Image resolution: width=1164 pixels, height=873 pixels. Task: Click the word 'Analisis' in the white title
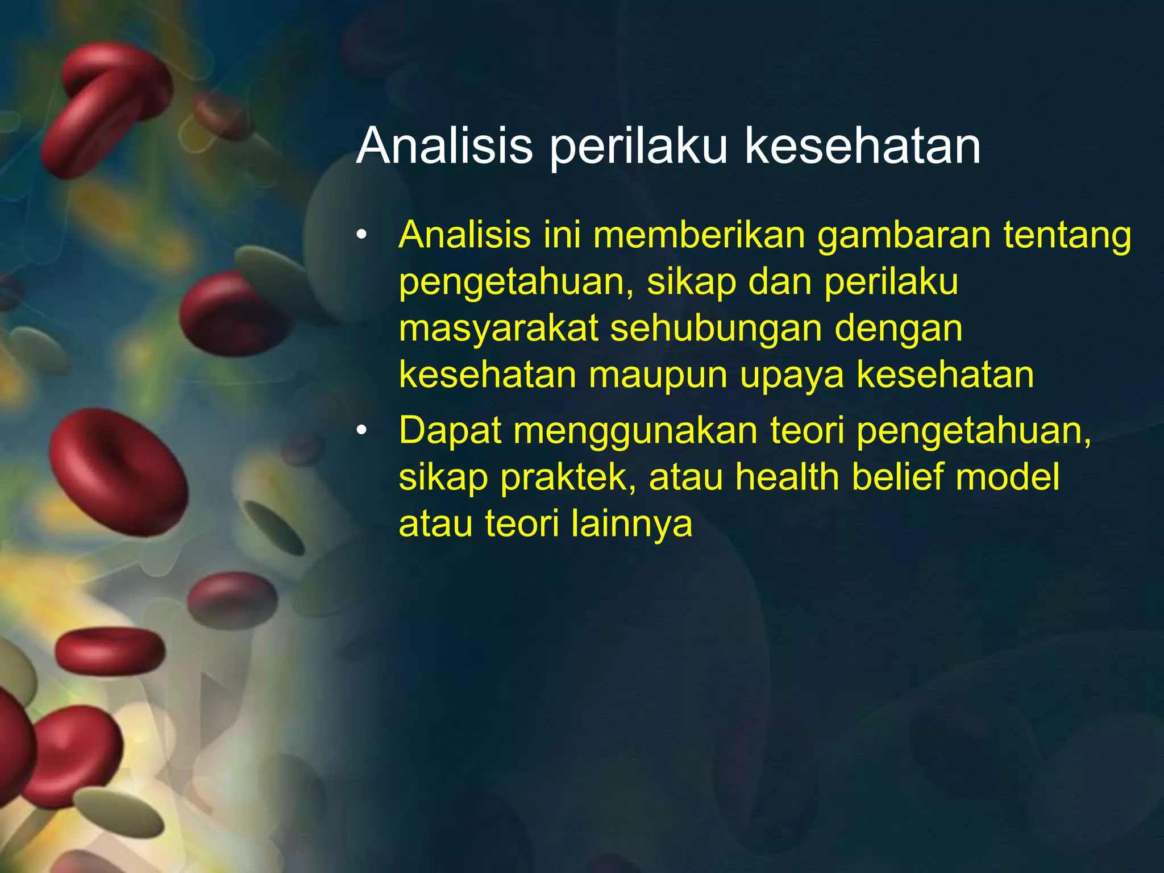click(x=444, y=146)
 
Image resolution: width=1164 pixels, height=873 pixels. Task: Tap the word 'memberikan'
click(x=699, y=235)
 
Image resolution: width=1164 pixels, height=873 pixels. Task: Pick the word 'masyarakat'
click(x=498, y=330)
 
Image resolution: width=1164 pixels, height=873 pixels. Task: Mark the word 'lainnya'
click(x=632, y=524)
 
